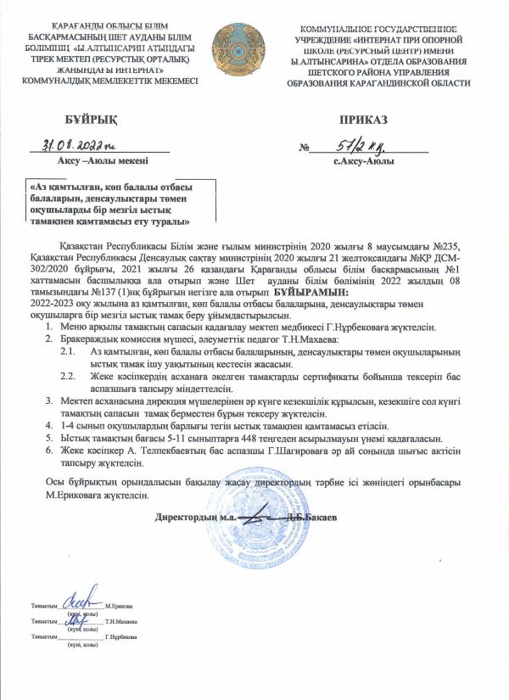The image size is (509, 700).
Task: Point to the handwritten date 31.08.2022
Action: (80, 144)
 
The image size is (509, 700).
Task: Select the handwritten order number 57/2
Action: (361, 144)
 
